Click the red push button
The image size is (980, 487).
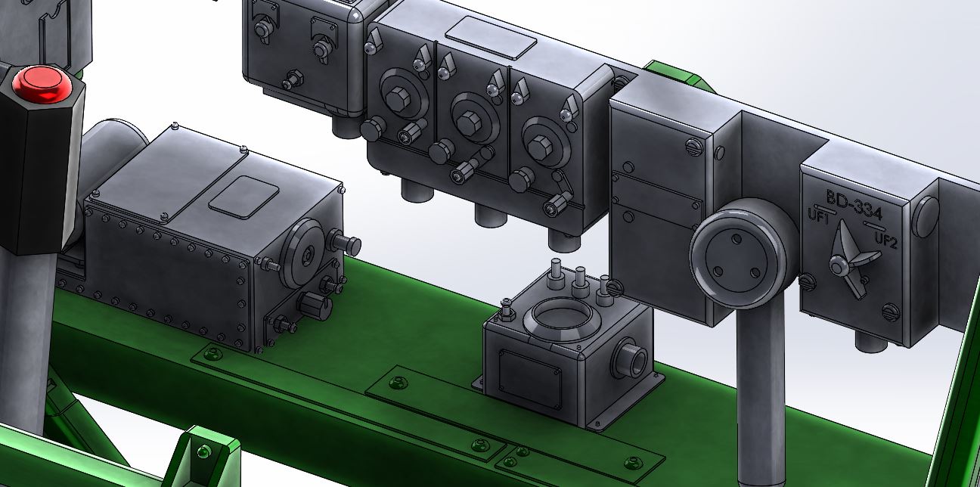[x=42, y=85]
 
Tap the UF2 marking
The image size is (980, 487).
[x=886, y=240]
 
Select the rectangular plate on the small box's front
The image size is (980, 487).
[x=530, y=379]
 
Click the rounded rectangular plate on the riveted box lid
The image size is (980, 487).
[x=243, y=197]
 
